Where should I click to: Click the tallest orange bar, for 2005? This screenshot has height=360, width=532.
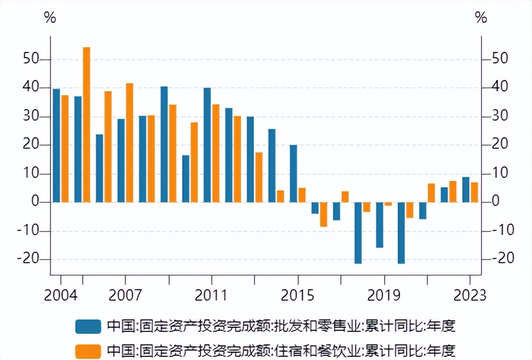coord(86,124)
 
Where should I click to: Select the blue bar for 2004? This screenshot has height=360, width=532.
coord(56,145)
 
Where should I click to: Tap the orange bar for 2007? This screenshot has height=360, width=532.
coord(130,143)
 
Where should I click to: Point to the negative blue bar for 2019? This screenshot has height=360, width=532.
coord(379,225)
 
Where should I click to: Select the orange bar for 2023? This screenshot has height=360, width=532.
coord(474,192)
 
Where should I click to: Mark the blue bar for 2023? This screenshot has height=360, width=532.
coord(466,189)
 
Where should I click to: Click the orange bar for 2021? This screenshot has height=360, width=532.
coord(431,192)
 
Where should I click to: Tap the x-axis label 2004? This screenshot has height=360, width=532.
coord(61,295)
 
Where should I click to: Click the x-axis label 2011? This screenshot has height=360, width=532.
coord(211,295)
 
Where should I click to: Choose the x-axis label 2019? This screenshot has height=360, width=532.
coord(384,295)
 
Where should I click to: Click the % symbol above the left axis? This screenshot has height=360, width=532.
coord(50,18)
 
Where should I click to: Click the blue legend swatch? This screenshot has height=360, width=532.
coord(87,326)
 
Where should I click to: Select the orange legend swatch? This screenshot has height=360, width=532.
coord(87,350)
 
